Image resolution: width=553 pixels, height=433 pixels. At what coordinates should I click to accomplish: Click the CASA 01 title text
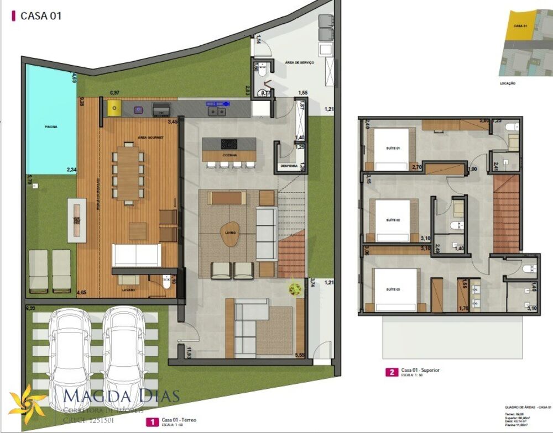click(40, 15)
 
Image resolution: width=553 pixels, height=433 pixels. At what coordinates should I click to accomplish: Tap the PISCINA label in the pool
click(51, 126)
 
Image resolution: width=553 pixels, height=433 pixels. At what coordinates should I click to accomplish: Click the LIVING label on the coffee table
click(230, 233)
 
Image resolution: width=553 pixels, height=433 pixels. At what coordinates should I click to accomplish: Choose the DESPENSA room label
click(289, 166)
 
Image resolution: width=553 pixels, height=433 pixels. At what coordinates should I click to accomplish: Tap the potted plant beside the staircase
click(295, 288)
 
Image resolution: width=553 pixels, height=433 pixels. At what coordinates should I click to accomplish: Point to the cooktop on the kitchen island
click(229, 144)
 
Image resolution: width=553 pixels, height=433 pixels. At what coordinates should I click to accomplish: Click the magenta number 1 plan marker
click(150, 423)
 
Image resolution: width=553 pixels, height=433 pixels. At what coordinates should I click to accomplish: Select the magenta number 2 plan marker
click(392, 372)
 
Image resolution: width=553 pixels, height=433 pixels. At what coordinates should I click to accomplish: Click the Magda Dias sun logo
click(27, 403)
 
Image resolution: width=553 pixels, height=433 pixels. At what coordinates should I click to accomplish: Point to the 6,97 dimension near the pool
click(114, 93)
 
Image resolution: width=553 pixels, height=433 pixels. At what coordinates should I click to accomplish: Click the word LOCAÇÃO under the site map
click(507, 83)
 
